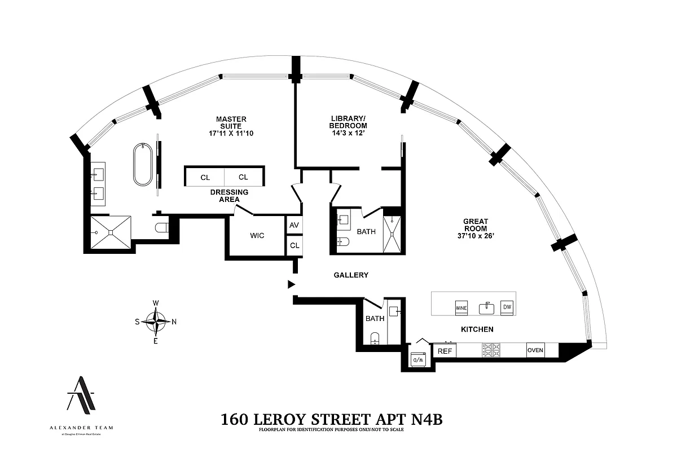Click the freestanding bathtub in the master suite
point(142,165)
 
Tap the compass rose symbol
point(156,322)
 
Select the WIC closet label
point(257,235)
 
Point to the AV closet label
point(294,225)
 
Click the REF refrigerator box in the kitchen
point(445,351)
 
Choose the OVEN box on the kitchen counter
point(535,350)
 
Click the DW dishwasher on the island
point(507,307)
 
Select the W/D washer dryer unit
point(418,358)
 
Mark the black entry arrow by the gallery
point(291,284)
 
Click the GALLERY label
point(351,275)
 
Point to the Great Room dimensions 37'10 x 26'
point(476,236)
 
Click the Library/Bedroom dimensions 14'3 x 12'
point(349,134)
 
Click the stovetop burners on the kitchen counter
point(490,350)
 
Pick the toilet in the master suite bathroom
point(162,228)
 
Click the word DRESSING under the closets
point(229,192)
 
